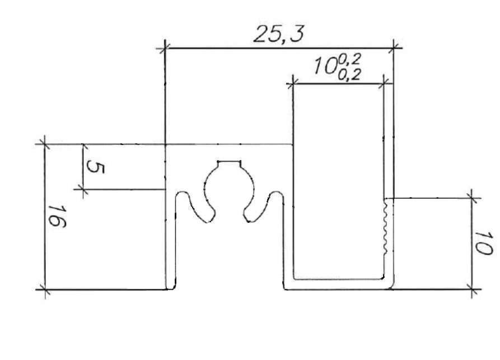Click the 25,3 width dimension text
point(279,34)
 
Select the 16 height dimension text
point(57,216)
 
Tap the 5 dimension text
point(95,167)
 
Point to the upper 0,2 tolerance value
point(349,59)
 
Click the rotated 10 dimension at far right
point(484,244)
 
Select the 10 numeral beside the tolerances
point(325,66)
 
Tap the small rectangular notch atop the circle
point(229,164)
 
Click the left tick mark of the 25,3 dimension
point(165,49)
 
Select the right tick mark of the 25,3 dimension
point(393,48)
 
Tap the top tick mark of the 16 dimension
point(45,144)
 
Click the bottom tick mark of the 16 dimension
point(45,289)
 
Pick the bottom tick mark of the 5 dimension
point(83,189)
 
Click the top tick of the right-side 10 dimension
point(472,198)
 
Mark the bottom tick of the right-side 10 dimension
point(472,289)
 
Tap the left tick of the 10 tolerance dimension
point(293,85)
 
